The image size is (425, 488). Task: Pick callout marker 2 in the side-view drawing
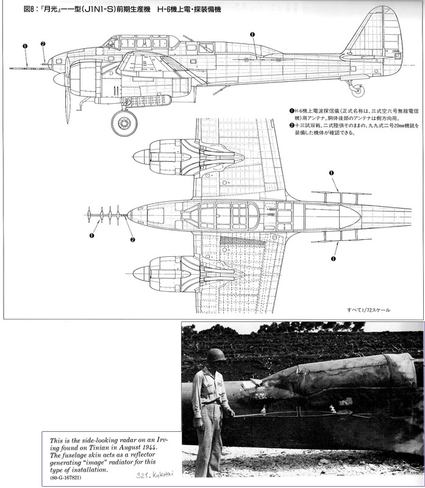coord(43,44)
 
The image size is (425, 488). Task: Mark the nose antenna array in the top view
coord(104,215)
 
